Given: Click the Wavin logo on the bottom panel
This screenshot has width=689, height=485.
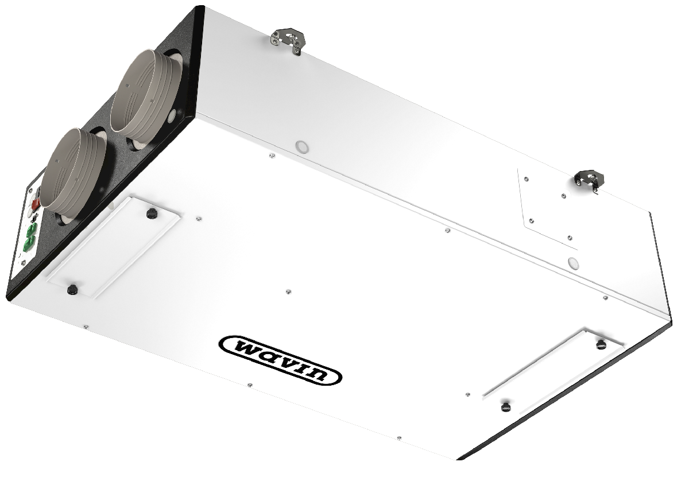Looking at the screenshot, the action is coord(280,360).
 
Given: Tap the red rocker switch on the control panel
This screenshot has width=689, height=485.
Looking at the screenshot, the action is coord(36,203).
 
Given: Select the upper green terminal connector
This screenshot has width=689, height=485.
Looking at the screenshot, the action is coord(32,228).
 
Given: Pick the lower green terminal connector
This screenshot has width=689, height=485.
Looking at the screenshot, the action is coord(29,242).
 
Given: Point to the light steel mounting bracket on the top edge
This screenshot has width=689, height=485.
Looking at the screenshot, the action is coord(288,41).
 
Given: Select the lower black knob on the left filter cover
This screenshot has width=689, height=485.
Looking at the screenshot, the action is coord(72,289).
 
